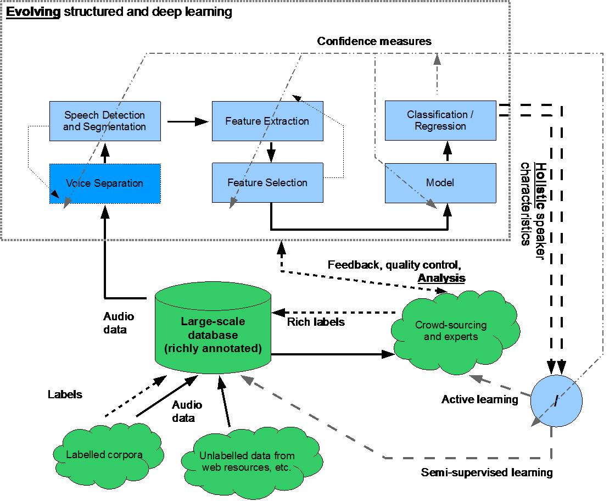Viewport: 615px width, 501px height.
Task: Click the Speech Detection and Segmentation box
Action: pos(105,121)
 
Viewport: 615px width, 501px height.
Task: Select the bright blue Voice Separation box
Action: pos(105,183)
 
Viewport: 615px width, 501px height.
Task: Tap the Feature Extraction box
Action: pos(267,121)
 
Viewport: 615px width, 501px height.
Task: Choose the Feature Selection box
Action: pos(267,183)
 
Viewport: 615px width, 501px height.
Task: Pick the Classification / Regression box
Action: pos(440,120)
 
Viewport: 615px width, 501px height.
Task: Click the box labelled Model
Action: pos(440,183)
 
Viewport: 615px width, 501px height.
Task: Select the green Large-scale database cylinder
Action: pos(213,330)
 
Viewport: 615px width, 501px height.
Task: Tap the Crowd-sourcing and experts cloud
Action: pos(451,331)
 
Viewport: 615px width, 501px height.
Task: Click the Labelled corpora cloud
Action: pos(105,454)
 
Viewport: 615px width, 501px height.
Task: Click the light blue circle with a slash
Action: pos(556,401)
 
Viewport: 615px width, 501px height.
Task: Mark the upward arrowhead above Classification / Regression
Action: pos(437,59)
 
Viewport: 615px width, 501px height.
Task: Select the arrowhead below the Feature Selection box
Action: pos(233,203)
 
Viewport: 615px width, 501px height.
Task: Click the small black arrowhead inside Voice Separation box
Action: pos(54,194)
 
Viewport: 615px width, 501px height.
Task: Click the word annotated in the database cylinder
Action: pos(230,348)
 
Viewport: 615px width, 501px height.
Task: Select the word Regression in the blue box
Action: pos(440,126)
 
